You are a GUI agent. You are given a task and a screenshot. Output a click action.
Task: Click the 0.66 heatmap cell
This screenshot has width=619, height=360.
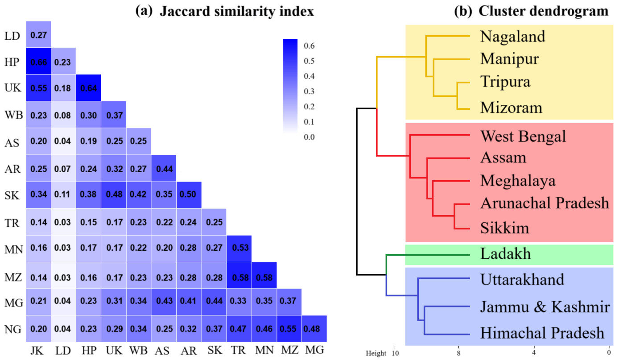pos(38,61)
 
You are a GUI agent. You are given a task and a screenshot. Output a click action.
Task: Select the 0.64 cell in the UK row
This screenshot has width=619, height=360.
pos(88,87)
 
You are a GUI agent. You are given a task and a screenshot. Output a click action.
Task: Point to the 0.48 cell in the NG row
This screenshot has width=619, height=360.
pos(314,329)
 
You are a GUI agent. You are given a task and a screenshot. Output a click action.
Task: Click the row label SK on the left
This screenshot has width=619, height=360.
pos(12,195)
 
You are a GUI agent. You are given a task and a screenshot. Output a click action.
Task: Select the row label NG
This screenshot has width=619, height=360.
pos(13,329)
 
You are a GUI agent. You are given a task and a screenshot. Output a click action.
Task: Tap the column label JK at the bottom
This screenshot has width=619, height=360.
pos(37,351)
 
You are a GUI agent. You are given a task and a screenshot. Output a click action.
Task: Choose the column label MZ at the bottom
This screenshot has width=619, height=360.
pos(289,350)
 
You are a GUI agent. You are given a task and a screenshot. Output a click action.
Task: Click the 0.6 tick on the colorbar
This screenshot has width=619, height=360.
pos(309,46)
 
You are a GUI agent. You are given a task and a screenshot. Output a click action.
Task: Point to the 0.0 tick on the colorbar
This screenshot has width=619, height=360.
pos(309,137)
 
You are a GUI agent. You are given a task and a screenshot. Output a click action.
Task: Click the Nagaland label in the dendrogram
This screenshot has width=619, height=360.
pos(512,37)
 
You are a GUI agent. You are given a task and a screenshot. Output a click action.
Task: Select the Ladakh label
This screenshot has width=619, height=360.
pos(505,254)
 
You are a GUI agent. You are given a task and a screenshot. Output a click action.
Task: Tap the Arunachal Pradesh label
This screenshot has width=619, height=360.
pos(545,203)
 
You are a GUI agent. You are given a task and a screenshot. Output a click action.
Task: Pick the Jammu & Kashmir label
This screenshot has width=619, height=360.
pos(545,307)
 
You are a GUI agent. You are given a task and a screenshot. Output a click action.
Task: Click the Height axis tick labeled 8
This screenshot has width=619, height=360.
pos(458,353)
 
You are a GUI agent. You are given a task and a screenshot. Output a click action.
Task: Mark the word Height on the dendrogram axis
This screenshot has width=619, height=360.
pos(376,353)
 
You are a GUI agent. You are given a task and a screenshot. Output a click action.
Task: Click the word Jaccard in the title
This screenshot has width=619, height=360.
pos(185,12)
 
